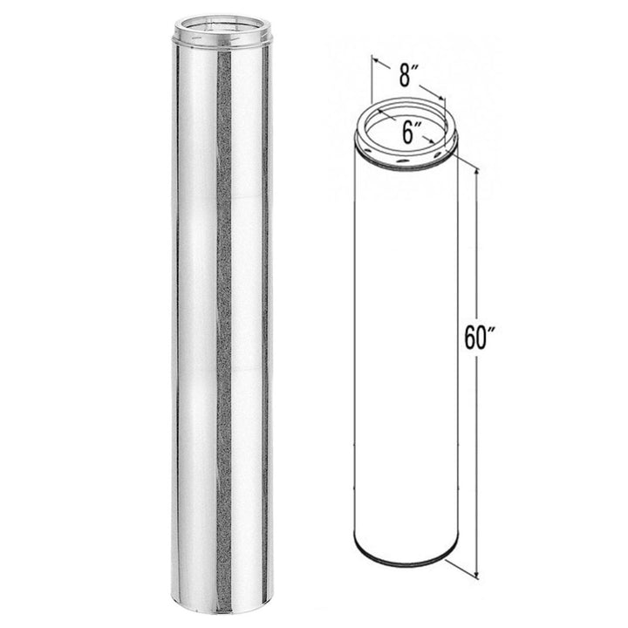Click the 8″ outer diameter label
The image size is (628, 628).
[406, 77]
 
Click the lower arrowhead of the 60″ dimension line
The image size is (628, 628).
[476, 576]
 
